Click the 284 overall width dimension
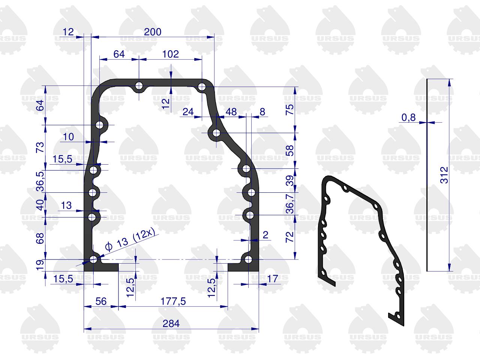tap(171, 324)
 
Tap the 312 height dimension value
tap(444, 175)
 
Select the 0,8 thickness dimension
tap(408, 118)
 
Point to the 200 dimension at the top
tap(153, 32)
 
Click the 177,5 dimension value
tap(173, 301)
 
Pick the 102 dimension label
tap(171, 54)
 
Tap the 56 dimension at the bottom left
tap(101, 301)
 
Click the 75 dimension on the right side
tap(289, 109)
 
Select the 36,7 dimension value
tap(290, 204)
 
